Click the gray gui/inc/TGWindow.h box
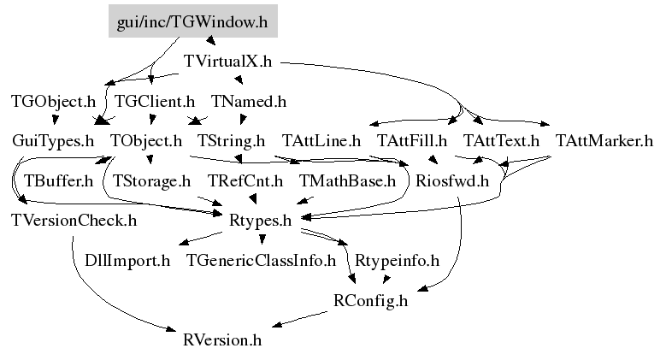click(x=192, y=23)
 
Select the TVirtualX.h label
click(x=227, y=62)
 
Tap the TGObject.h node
click(x=53, y=101)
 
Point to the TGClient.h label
click(x=155, y=101)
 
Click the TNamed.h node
click(x=248, y=101)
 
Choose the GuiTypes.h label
click(x=53, y=140)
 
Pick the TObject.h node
click(x=146, y=140)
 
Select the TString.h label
click(x=231, y=140)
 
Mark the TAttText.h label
click(x=502, y=140)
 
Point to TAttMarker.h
click(x=604, y=140)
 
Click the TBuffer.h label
click(x=58, y=180)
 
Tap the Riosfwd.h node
click(x=451, y=180)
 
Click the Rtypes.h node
click(x=261, y=221)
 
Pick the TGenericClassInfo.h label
click(x=261, y=260)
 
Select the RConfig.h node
click(x=370, y=300)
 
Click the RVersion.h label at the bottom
click(x=222, y=339)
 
